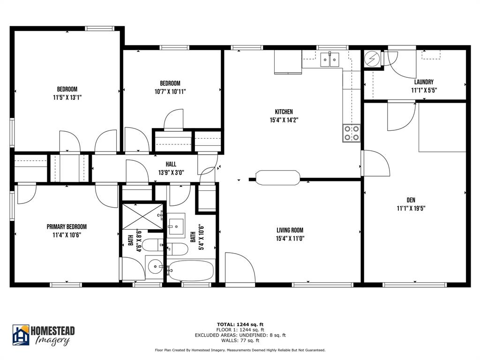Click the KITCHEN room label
pyautogui.click(x=284, y=112)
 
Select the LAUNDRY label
pyautogui.click(x=422, y=82)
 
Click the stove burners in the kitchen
pyautogui.click(x=352, y=133)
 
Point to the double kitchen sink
pyautogui.click(x=330, y=60)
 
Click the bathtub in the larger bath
pyautogui.click(x=191, y=270)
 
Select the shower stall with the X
pyautogui.click(x=142, y=217)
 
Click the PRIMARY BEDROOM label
pyautogui.click(x=67, y=226)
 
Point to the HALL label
pyautogui.click(x=171, y=164)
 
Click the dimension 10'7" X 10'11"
pyautogui.click(x=170, y=92)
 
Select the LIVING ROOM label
pyautogui.click(x=290, y=230)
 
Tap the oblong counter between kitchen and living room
pyautogui.click(x=277, y=178)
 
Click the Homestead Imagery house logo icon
pyautogui.click(x=21, y=335)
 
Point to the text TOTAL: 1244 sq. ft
pyautogui.click(x=240, y=324)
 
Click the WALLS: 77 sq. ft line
pyautogui.click(x=240, y=340)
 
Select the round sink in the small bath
pyautogui.click(x=155, y=267)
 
